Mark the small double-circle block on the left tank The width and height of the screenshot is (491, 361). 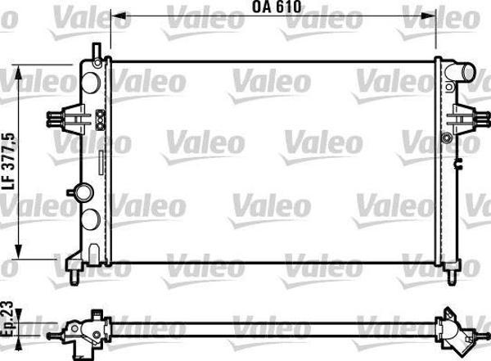(99, 120)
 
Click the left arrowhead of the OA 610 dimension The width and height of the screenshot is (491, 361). (114, 16)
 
